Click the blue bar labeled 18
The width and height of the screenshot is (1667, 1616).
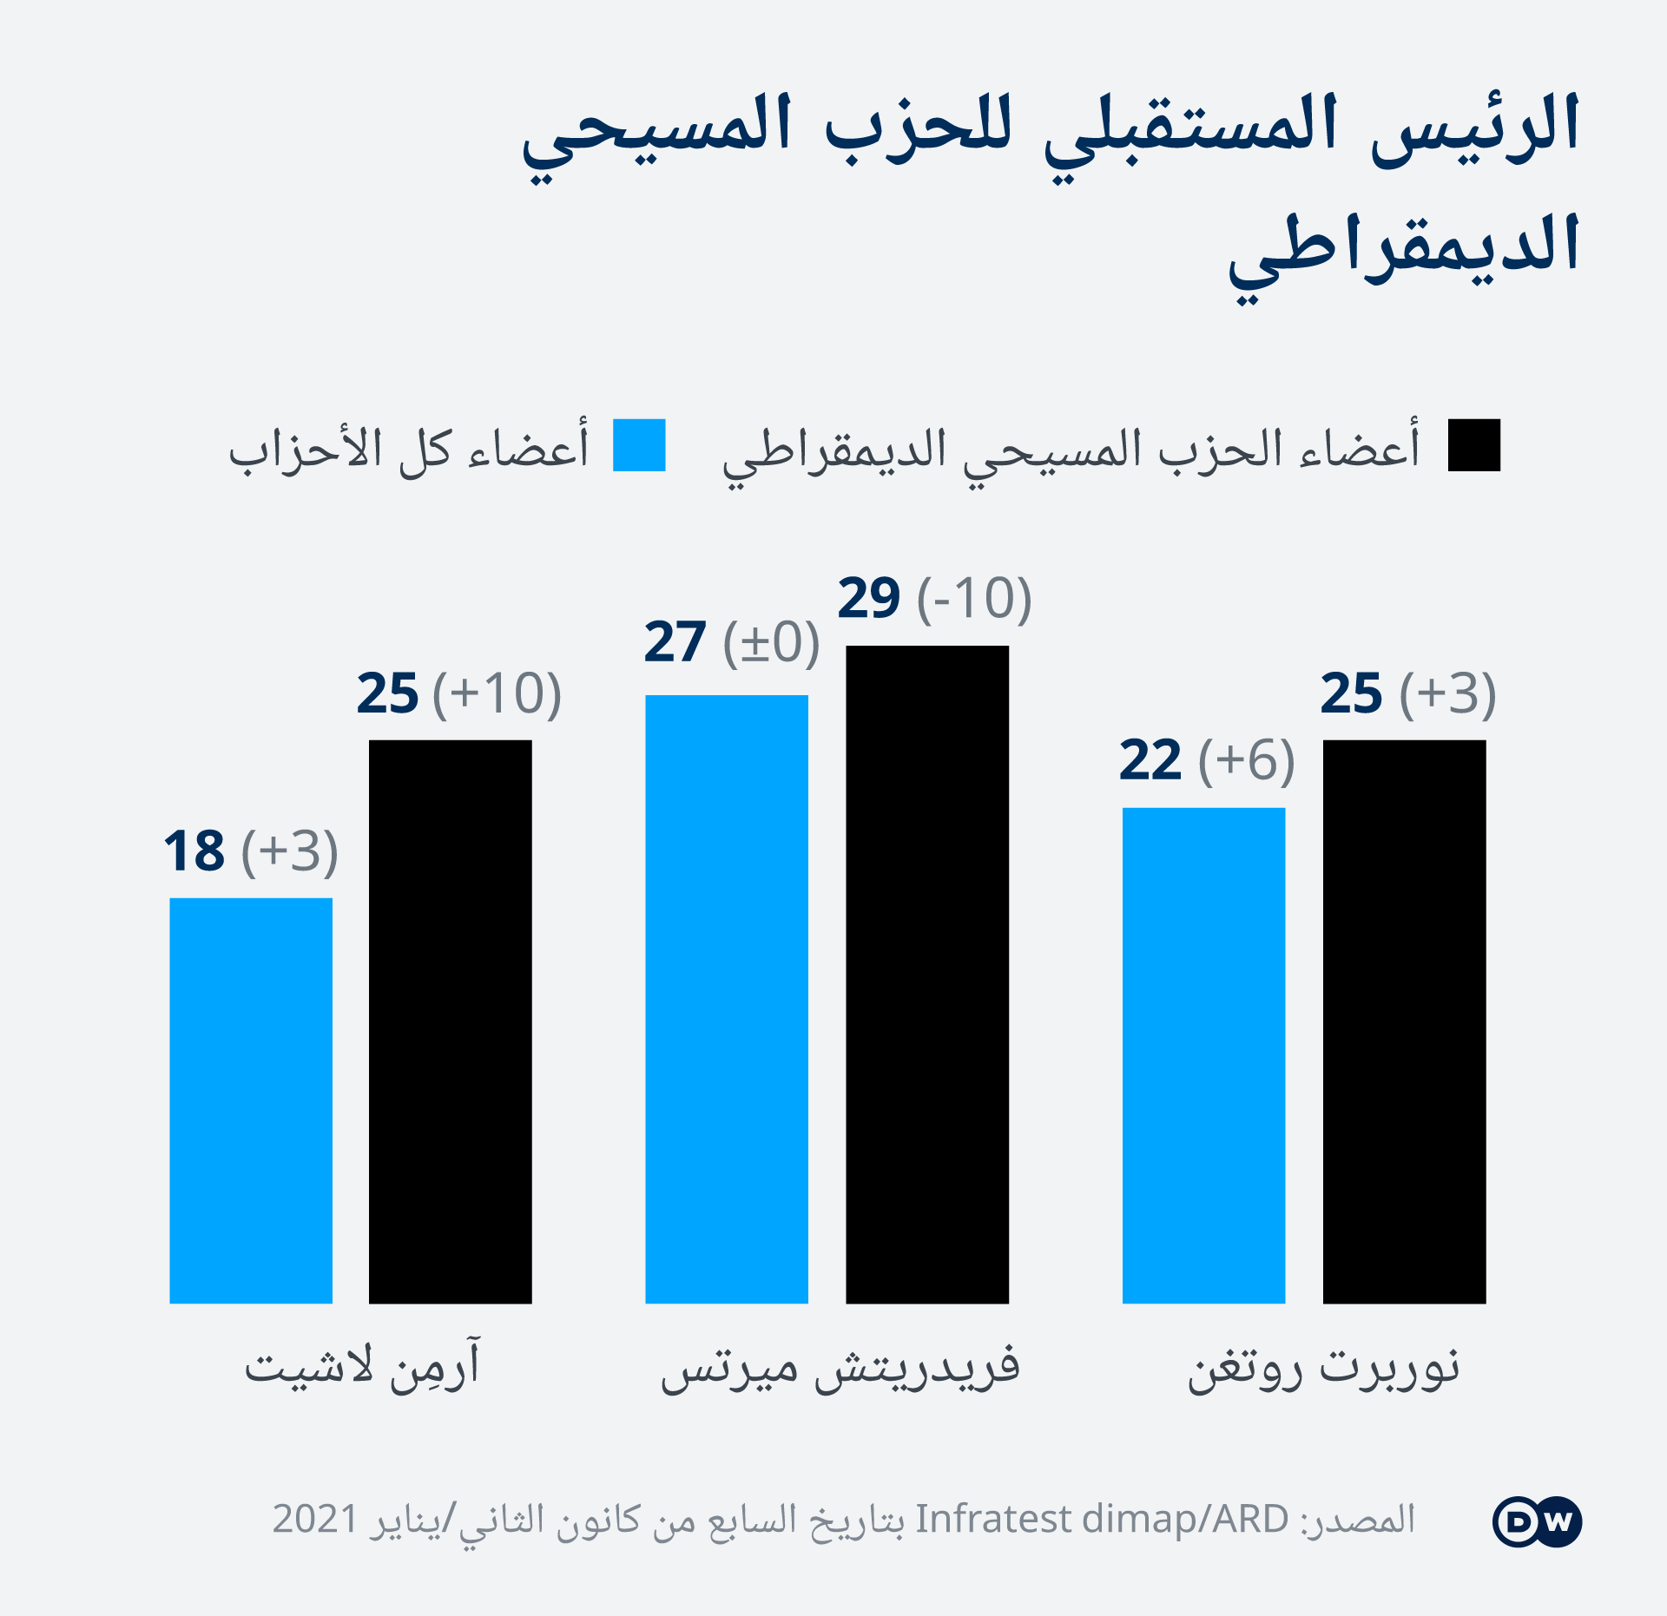251,1100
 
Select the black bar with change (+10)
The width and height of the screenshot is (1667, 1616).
450,1021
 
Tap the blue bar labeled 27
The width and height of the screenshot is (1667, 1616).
727,999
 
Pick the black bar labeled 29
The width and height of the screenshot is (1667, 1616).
927,975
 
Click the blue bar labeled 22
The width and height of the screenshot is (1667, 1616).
1203,1055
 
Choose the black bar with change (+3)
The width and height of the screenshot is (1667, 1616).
1404,1021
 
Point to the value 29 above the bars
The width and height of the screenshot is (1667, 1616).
869,598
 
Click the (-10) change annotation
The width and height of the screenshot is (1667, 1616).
974,599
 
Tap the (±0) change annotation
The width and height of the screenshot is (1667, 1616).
772,643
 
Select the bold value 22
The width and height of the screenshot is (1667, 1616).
1150,761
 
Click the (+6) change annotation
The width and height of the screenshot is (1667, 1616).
1247,761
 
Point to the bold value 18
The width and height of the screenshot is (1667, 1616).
194,851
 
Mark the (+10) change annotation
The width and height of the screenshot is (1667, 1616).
497,693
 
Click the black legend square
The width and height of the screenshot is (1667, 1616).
1474,445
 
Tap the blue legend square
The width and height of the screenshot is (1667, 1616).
639,445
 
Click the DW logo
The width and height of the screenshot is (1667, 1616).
1538,1521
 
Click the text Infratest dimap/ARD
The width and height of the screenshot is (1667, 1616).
1102,1520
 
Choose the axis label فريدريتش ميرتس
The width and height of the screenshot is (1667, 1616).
840,1368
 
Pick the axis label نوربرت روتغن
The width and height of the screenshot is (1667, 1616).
1324,1369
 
